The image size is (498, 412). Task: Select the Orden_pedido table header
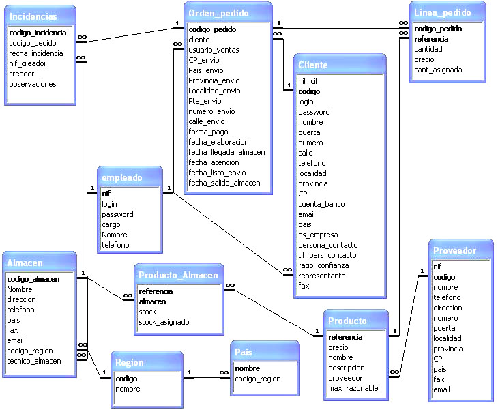218,13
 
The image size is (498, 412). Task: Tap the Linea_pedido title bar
443,12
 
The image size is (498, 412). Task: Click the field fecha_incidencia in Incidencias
36,53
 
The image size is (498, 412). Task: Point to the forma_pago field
209,132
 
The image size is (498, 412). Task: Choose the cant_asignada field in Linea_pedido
438,70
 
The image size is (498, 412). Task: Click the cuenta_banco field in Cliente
321,204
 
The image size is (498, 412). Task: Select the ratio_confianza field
323,265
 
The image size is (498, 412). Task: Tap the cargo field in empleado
111,224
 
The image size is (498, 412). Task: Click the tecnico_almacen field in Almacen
34,361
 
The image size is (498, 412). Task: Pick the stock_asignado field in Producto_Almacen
164,322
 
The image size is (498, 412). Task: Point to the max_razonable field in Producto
353,388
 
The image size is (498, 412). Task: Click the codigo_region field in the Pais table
258,379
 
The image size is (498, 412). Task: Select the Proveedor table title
454,251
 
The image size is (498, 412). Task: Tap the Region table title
130,363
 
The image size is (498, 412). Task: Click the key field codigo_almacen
33,279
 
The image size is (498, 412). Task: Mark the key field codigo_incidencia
38,33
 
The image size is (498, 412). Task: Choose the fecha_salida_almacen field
224,183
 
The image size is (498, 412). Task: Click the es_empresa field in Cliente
319,235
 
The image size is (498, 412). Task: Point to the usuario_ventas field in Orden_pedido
214,50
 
